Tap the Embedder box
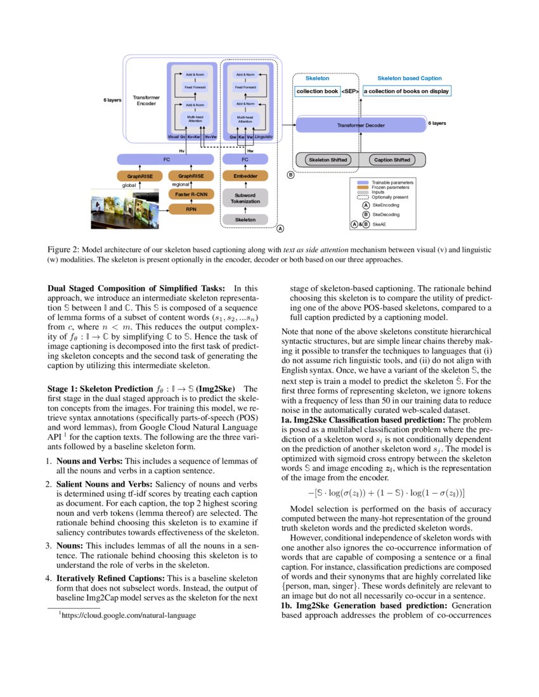(245, 176)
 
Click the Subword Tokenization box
(245, 198)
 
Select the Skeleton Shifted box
(328, 160)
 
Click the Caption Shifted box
(393, 160)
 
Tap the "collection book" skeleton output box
(318, 91)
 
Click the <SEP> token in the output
(351, 91)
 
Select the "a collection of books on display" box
(406, 91)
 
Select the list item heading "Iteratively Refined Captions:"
(110, 578)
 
